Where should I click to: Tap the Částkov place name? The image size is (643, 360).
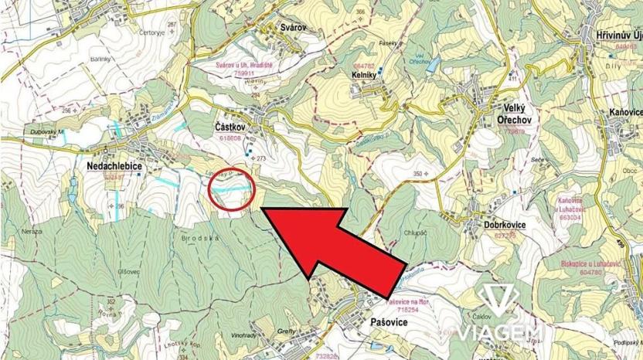pyautogui.click(x=230, y=126)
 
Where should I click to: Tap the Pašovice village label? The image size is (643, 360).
pyautogui.click(x=383, y=320)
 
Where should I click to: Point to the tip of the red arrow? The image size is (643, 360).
pyautogui.click(x=261, y=209)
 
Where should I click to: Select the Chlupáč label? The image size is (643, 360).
pyautogui.click(x=416, y=231)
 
